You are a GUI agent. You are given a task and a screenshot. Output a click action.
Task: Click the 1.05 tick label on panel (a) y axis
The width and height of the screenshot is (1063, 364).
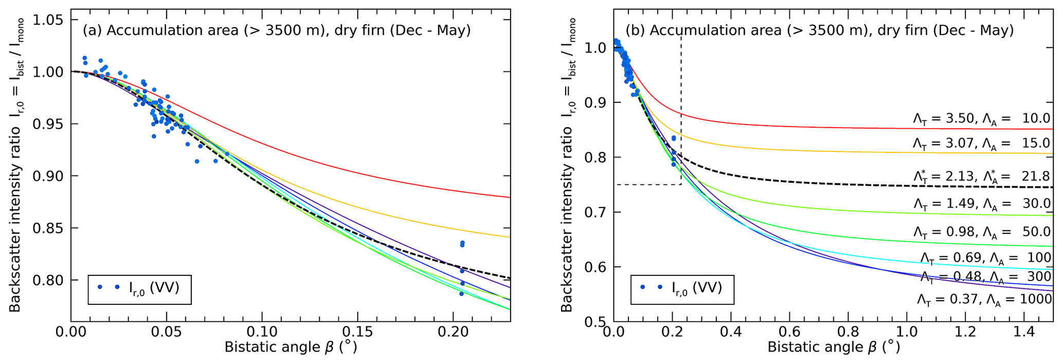pos(49,20)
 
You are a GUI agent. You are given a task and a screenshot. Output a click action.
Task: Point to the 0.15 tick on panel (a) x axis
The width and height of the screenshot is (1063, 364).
pos(357,331)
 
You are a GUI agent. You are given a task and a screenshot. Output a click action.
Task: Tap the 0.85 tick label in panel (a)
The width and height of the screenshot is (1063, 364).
pos(49,229)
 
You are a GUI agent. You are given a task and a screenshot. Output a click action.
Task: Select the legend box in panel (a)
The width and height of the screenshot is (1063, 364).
pos(139,289)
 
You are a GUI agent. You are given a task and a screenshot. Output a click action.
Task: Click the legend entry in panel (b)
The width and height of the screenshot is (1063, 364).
pos(682,289)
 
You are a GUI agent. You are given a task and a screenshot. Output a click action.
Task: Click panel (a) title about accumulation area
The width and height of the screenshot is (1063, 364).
pos(277,30)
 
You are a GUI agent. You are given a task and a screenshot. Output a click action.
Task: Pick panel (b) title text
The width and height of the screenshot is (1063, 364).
pos(820,30)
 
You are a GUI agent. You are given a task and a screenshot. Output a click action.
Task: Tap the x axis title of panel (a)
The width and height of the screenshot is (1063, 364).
pos(291,348)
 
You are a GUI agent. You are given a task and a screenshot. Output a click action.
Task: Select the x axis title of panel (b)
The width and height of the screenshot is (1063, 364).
pos(834,348)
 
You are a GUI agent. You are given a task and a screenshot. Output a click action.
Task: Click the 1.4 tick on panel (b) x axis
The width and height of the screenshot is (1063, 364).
pos(1024,331)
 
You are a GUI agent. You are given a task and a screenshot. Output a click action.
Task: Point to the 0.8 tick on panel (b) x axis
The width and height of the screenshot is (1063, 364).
pos(848,331)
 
